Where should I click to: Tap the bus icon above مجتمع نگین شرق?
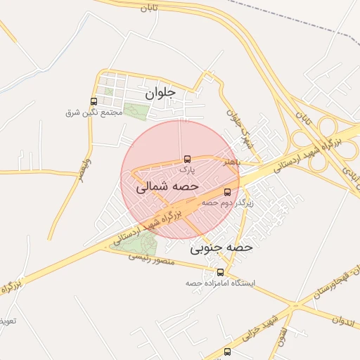(x=94, y=102)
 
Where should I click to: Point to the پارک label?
(x=186, y=169)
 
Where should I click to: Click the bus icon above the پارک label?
(x=186, y=159)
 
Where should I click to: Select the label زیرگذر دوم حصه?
(x=227, y=202)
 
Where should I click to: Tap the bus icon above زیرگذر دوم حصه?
(x=227, y=191)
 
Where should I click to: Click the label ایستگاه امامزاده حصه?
(x=220, y=283)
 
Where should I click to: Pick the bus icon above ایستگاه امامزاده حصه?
(x=220, y=272)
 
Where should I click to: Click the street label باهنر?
(x=233, y=162)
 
